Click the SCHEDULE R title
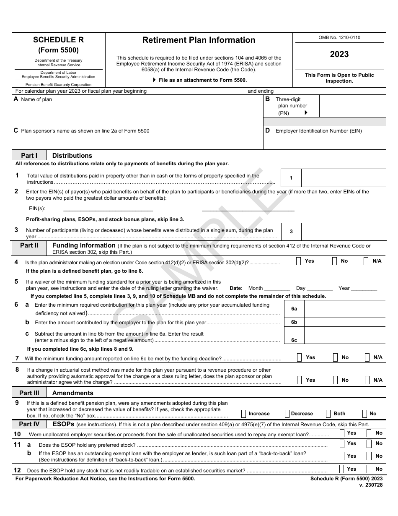58,40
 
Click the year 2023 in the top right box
339,54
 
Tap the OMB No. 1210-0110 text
339,37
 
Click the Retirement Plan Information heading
199,40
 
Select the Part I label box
29,156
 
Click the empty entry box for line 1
343,178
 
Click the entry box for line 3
343,231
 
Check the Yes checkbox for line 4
299,261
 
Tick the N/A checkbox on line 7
367,357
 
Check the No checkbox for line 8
335,380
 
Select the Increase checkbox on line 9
244,414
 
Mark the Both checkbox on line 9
328,414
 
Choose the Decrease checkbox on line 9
287,414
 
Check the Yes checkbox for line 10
342,433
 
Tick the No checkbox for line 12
369,469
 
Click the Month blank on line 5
277,288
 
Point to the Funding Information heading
84,245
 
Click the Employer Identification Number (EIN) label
318,131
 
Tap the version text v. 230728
370,485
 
